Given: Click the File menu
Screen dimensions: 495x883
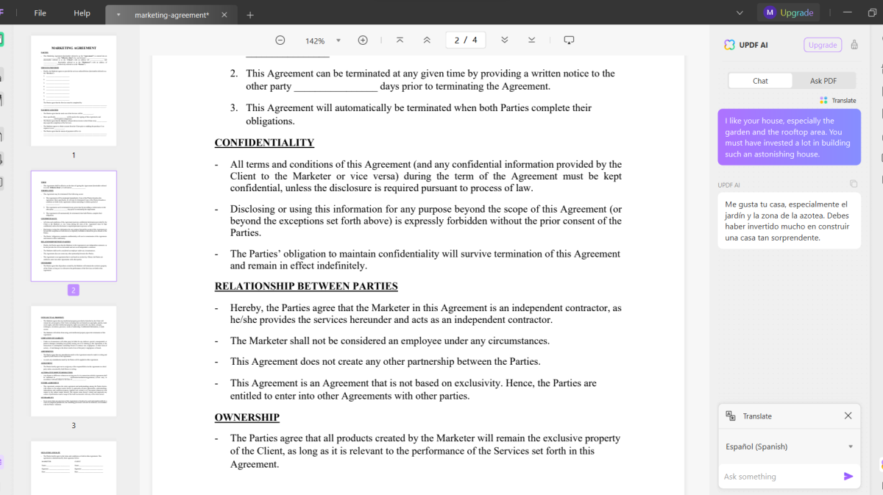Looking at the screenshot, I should click(x=40, y=13).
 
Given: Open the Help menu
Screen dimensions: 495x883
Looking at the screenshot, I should click(x=82, y=13).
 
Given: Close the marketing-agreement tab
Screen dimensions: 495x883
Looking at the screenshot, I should click(x=224, y=15).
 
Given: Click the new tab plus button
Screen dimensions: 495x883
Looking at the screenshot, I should click(x=250, y=15).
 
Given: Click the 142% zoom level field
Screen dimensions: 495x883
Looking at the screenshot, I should click(x=316, y=40).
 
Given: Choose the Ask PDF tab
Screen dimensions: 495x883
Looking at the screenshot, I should click(x=823, y=81).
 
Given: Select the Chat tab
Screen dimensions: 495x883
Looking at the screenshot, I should click(x=760, y=81).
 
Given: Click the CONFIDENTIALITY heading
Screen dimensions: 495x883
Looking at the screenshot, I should click(x=264, y=143).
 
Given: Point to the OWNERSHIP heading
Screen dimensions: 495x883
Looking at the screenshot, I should click(x=247, y=417).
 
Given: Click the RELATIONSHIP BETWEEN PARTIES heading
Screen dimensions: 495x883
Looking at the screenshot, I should click(x=306, y=286).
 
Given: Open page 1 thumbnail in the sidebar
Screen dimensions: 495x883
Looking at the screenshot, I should click(x=74, y=90).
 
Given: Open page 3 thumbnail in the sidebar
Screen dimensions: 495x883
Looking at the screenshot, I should click(x=74, y=361).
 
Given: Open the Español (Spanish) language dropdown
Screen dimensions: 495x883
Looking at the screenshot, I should click(x=789, y=446).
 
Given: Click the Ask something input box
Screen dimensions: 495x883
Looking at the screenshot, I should click(x=780, y=477).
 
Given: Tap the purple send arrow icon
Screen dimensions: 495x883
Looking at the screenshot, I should click(x=848, y=477).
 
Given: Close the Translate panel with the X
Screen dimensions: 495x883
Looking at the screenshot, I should click(x=848, y=416).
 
